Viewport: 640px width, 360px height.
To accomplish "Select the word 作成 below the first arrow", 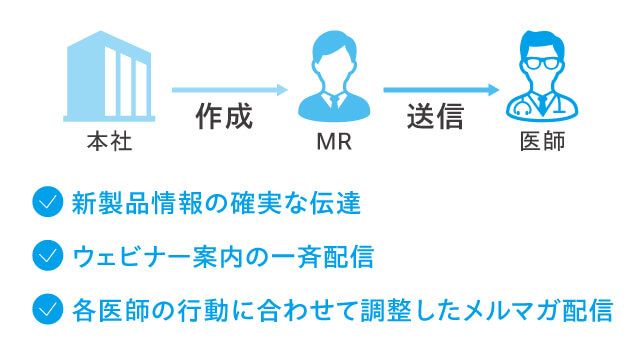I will coord(223,116).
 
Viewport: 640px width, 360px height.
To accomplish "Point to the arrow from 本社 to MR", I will coord(229,90).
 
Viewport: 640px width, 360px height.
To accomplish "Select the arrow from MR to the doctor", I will coord(440,90).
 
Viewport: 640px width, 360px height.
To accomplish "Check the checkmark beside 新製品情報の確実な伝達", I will coord(47,203).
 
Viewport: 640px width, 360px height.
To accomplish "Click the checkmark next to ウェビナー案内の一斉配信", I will coord(47,256).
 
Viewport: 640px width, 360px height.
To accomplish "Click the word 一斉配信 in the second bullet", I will coord(327,257).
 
